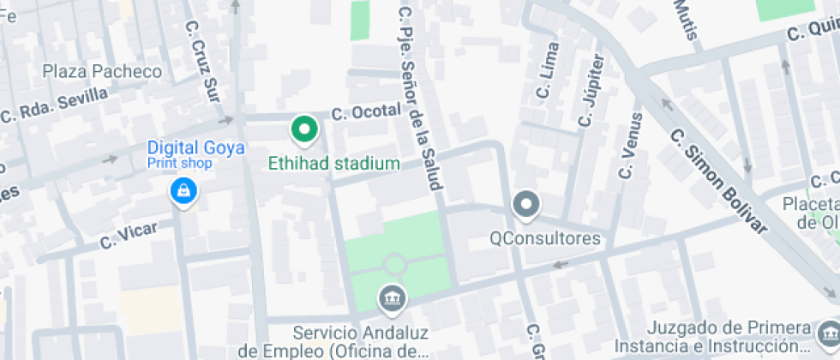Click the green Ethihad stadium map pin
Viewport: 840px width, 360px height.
[303, 130]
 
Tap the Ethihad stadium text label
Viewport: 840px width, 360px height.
[333, 163]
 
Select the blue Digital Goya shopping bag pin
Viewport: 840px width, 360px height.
[183, 192]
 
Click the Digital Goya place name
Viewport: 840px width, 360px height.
[196, 147]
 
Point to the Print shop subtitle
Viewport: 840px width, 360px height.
[179, 162]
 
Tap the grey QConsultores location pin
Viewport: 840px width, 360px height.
[525, 205]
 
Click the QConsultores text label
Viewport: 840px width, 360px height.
[545, 237]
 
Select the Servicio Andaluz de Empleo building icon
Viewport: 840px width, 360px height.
[392, 298]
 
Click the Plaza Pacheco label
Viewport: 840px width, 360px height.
[102, 71]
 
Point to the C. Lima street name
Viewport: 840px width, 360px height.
[547, 70]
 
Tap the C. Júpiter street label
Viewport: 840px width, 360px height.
[591, 91]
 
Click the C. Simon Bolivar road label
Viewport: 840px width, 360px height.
[717, 183]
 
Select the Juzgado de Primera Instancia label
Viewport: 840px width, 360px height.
[728, 337]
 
